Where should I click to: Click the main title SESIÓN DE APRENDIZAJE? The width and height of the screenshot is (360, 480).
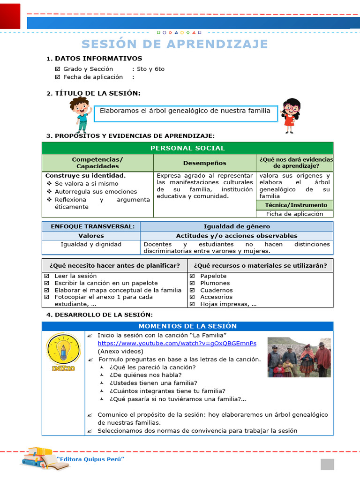(x=174, y=44)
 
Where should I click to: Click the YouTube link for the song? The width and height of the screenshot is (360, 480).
(x=177, y=343)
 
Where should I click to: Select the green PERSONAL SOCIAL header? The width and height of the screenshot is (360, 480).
(x=187, y=148)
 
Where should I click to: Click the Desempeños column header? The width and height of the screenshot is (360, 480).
(x=204, y=163)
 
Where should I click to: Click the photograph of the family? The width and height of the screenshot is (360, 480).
(x=299, y=357)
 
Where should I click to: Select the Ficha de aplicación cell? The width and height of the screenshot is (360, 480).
(x=294, y=214)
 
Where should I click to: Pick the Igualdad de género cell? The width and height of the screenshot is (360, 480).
(x=236, y=226)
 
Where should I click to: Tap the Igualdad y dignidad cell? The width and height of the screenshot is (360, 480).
(x=91, y=244)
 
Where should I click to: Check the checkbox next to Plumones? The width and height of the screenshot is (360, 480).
(x=192, y=283)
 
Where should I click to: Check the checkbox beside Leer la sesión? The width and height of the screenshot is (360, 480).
(x=46, y=276)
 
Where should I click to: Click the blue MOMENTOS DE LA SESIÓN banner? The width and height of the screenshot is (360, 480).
(x=187, y=326)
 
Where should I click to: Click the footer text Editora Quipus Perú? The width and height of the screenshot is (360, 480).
(x=90, y=459)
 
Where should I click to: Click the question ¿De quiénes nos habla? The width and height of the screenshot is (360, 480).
(x=145, y=375)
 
